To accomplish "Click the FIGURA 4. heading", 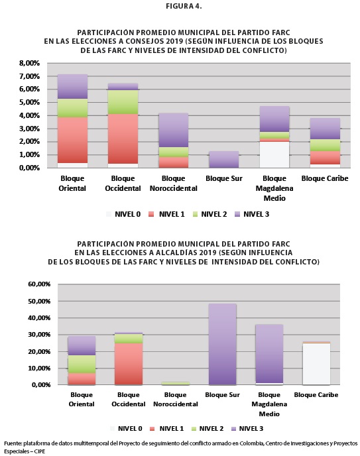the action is point(184,6).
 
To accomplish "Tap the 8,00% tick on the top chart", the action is point(29,63).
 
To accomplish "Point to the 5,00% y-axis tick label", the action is point(29,102).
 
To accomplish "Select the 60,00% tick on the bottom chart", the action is point(39,284).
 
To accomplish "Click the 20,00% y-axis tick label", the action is point(39,351).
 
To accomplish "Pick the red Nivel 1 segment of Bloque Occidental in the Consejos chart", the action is point(123,139).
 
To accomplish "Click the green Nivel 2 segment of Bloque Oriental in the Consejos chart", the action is point(72,108).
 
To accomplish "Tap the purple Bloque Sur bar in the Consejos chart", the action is point(224,159).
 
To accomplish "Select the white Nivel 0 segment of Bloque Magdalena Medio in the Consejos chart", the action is point(274,154).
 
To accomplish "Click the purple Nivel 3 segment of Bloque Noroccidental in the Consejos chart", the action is point(173,130).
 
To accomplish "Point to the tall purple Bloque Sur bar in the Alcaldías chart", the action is point(223,345).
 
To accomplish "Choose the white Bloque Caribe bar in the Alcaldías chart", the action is point(316,364).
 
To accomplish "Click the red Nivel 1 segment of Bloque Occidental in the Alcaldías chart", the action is point(129,364).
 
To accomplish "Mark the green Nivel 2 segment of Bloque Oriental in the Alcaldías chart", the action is point(82,364).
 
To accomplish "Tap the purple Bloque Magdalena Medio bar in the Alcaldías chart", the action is point(269,354).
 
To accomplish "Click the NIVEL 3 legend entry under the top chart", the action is point(252,214).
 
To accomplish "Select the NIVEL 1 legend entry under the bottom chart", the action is point(167,429).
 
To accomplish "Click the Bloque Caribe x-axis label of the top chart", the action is point(325,178).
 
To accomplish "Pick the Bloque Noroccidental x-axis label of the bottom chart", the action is point(175,400).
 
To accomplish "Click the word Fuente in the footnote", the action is point(13,443).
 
